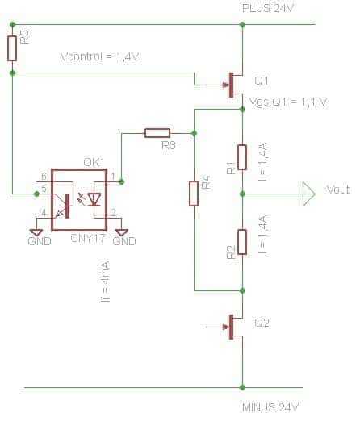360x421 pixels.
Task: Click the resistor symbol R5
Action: tap(12, 48)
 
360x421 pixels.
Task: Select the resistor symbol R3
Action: tap(157, 133)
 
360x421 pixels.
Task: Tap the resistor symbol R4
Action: tap(194, 194)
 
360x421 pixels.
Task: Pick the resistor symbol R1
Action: tap(242, 157)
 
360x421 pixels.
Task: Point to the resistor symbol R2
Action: tap(242, 242)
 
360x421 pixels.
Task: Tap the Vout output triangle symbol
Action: tap(308, 194)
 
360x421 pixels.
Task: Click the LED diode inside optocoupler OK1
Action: tap(94, 199)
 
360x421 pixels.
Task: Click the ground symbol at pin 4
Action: tap(36, 232)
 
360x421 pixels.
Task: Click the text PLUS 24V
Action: tap(267, 8)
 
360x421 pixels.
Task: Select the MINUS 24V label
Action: tap(270, 407)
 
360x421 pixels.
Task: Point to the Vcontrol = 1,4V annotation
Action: tap(99, 57)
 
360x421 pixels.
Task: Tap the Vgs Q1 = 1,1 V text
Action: tap(288, 102)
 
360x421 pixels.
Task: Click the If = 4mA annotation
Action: tap(105, 281)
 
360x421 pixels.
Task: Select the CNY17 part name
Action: tap(87, 239)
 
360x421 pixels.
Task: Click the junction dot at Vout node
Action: tap(242, 194)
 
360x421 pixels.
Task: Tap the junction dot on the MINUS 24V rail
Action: tap(242, 387)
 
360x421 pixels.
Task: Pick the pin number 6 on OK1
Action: tap(44, 177)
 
